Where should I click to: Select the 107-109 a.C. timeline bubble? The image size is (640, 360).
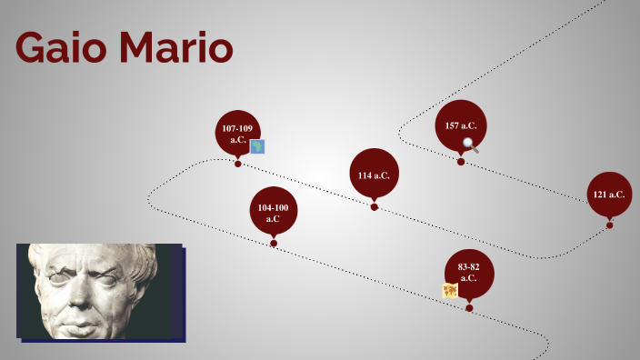(x=237, y=133)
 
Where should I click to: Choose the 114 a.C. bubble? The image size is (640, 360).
(x=374, y=174)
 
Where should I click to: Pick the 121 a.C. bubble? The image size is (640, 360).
(x=609, y=194)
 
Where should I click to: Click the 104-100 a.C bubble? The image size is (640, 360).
(x=273, y=212)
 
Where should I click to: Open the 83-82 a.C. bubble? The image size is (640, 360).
(x=468, y=272)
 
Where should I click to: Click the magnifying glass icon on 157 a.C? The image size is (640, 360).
(x=470, y=144)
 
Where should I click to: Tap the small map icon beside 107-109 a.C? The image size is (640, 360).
(x=257, y=146)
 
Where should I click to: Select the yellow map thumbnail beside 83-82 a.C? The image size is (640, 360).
(x=450, y=291)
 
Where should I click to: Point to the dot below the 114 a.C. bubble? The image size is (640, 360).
(x=374, y=207)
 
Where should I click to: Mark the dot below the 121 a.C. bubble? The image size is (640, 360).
(x=609, y=225)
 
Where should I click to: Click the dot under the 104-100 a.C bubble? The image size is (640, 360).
(x=273, y=244)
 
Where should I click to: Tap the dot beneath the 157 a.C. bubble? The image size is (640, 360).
(x=460, y=162)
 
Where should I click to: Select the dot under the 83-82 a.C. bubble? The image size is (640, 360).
(x=469, y=308)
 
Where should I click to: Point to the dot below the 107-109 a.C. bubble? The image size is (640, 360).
(x=237, y=164)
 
